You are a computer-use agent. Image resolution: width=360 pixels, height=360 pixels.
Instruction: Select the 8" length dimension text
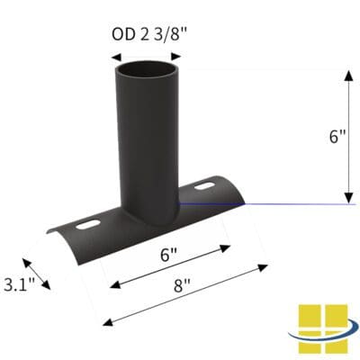pyautogui.click(x=184, y=289)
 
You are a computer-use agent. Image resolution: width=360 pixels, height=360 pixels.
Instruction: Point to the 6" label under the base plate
pyautogui.click(x=167, y=256)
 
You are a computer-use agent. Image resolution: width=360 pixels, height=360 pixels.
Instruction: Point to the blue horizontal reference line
pyautogui.click(x=270, y=204)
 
